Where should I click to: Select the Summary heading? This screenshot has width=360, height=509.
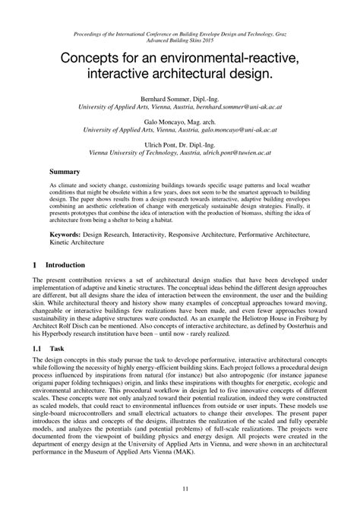coord(65,172)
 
